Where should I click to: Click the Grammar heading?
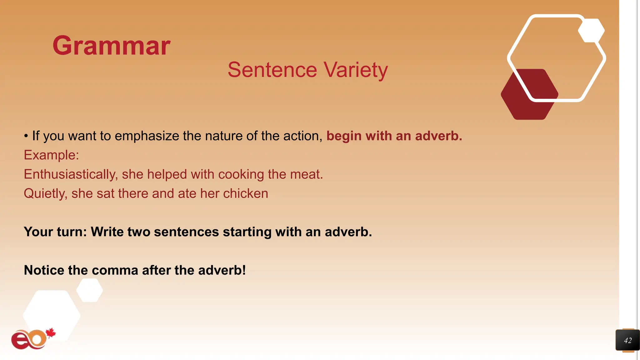point(111,46)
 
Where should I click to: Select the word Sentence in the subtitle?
point(272,70)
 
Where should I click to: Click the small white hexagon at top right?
point(591,31)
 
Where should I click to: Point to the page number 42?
point(627,340)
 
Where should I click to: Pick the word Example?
point(51,155)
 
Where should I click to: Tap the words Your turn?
point(55,232)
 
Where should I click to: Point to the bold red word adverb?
point(438,136)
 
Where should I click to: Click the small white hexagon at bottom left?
point(90,290)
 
